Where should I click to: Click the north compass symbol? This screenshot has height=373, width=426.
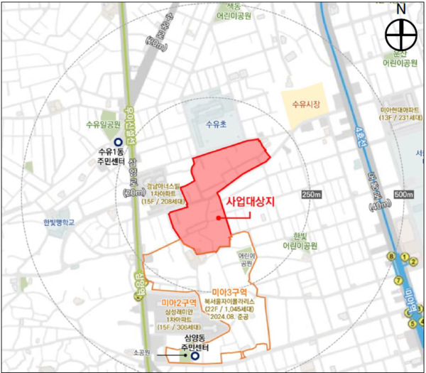(400, 33)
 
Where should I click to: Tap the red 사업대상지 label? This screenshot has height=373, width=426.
(249, 201)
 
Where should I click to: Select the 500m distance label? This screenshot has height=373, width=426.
(403, 195)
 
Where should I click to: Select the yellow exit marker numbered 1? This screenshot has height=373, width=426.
(403, 256)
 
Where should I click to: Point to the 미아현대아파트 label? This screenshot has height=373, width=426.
(400, 110)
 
